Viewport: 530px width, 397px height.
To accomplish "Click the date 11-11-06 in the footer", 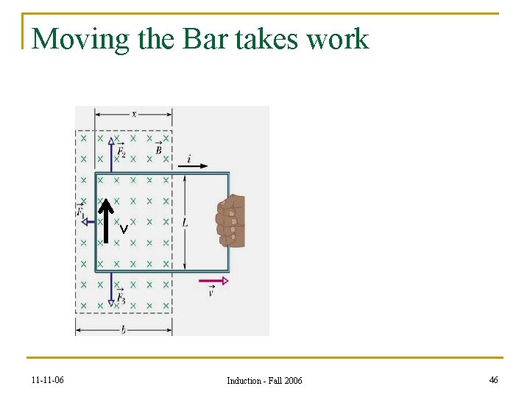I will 48,380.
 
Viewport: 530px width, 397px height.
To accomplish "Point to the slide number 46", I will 492,379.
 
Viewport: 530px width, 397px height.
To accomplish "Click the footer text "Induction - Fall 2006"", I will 264,380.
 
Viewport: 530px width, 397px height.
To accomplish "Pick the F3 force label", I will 121,298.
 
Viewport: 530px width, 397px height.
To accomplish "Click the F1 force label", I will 80,210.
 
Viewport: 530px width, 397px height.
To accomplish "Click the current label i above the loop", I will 188,159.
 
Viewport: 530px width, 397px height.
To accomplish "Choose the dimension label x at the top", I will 133,113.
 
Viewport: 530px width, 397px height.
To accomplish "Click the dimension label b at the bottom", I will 123,330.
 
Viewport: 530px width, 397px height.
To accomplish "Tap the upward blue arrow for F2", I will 110,154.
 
